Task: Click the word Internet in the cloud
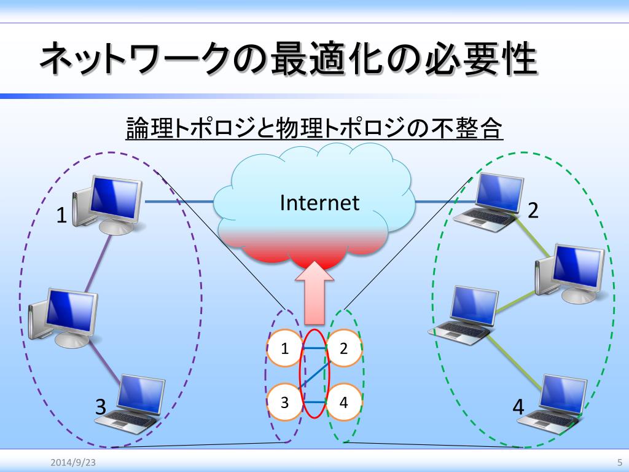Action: tap(319, 203)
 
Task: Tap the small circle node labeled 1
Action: tap(284, 349)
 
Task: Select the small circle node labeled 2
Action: tap(343, 349)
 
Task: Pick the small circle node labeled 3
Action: tap(284, 403)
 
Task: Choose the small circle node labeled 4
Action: tap(343, 403)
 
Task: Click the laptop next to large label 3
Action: tap(133, 403)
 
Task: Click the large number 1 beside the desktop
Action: tap(61, 215)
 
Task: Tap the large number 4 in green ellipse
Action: tap(518, 406)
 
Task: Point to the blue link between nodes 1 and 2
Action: tap(314, 349)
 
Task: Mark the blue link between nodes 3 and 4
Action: tap(314, 403)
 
